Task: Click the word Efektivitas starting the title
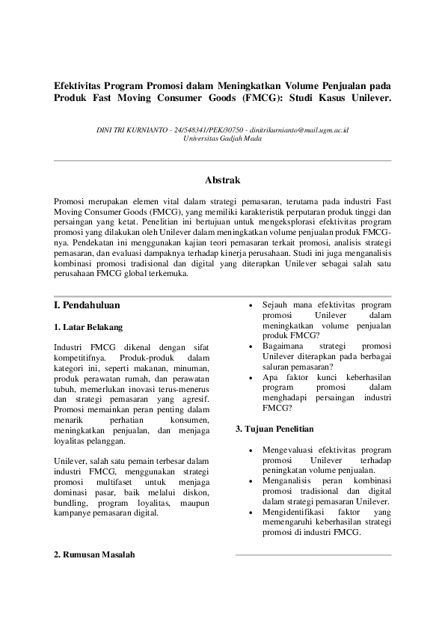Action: [80, 85]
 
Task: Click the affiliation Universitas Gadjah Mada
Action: [222, 139]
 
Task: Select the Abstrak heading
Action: [222, 180]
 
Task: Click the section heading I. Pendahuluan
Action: [88, 305]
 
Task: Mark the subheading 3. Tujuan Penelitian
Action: [274, 429]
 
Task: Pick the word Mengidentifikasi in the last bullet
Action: [290, 512]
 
